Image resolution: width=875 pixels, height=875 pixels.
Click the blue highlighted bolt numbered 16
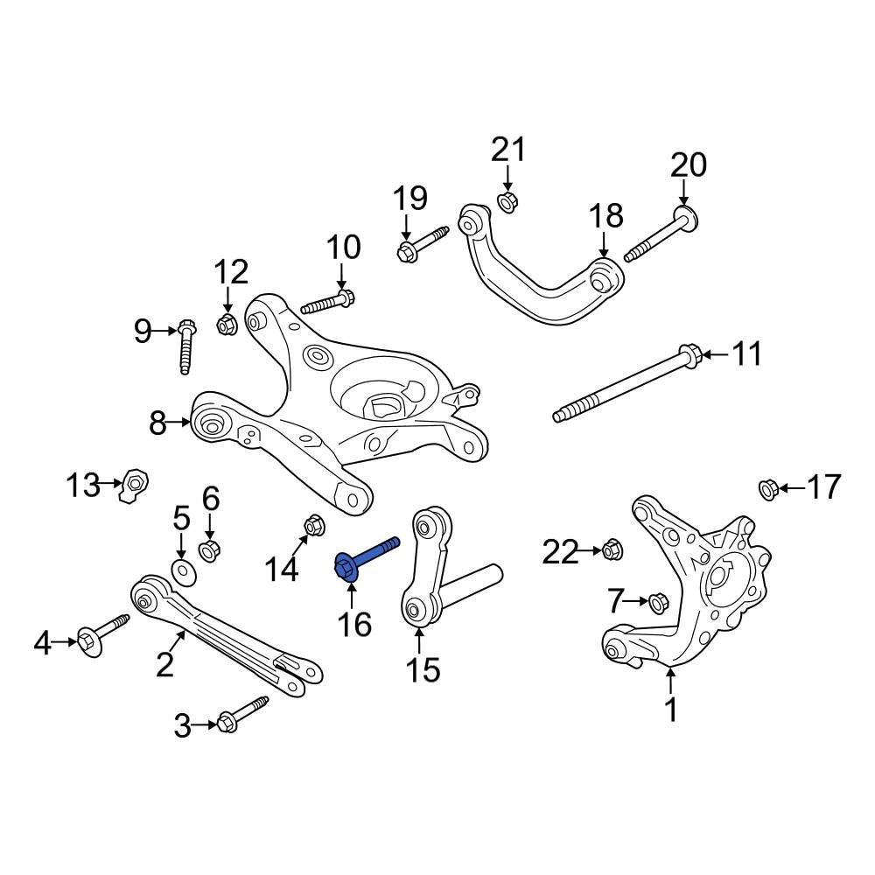coord(363,557)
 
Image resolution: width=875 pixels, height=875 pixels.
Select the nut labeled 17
coord(767,488)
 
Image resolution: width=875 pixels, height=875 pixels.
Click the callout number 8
coord(157,424)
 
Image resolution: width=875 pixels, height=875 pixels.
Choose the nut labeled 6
coord(210,551)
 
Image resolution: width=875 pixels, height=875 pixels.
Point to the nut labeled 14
coord(313,526)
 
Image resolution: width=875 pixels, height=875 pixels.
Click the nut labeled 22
coord(612,550)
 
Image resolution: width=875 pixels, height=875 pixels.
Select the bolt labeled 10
coord(327,302)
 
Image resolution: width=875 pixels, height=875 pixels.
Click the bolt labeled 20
coord(656,235)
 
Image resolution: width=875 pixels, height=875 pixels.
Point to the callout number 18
coord(605,215)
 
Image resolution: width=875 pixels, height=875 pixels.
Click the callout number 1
coord(671,710)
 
